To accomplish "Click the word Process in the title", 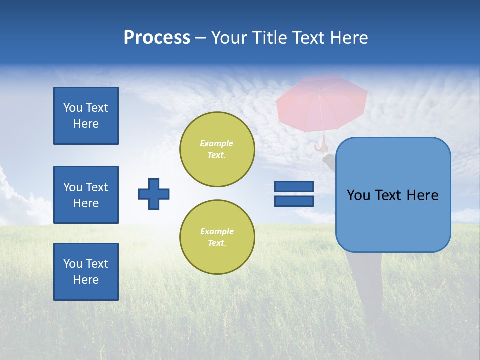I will [x=157, y=38].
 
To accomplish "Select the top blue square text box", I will [x=86, y=116].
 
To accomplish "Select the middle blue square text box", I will [x=86, y=195].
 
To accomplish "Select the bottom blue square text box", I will [x=86, y=272].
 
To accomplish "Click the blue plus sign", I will [x=154, y=194].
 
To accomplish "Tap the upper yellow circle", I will [x=217, y=149].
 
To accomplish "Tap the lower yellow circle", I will [x=217, y=237].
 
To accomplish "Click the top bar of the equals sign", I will [x=294, y=186].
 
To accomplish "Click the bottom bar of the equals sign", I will [x=294, y=201].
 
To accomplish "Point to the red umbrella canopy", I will [x=322, y=102].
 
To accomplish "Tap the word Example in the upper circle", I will [x=217, y=143].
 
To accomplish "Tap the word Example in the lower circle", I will [x=217, y=231].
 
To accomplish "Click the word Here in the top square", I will [x=86, y=124].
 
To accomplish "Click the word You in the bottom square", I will [x=72, y=264].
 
